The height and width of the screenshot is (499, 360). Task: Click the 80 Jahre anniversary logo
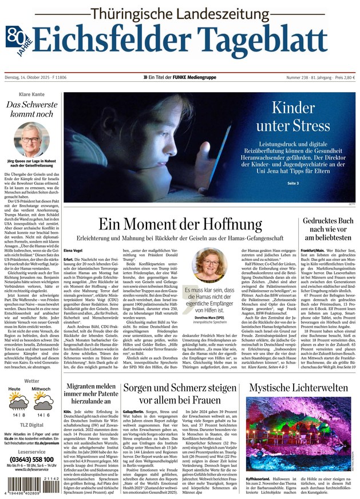[x=17, y=39]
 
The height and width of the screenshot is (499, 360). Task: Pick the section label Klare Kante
[x=31, y=93]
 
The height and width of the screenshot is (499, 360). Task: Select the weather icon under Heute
[x=18, y=401]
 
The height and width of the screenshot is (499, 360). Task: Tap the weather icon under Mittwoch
[x=43, y=401]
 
